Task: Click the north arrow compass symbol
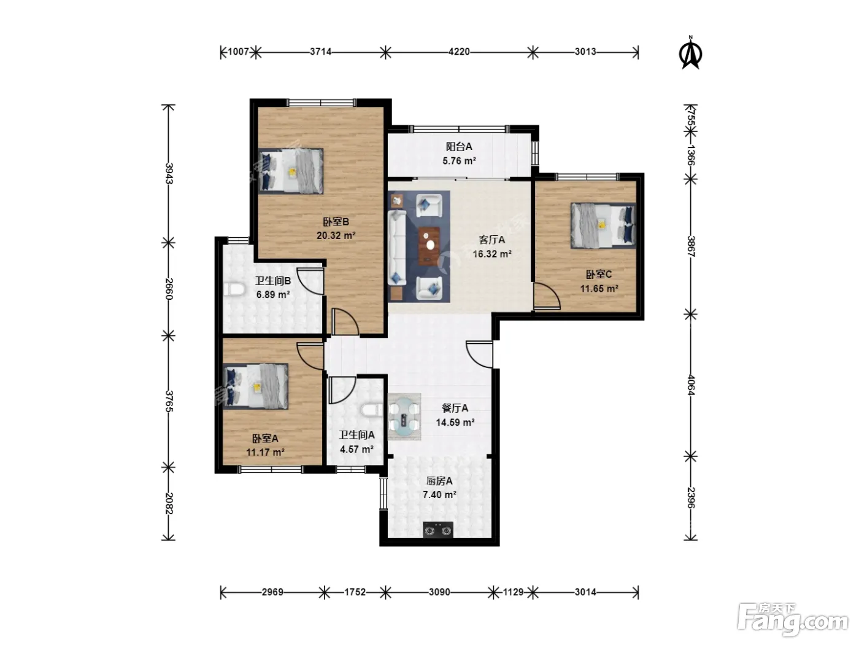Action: (691, 53)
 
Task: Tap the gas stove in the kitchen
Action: (438, 530)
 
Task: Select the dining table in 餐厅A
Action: (404, 416)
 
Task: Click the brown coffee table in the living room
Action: (429, 246)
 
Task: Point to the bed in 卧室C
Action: (603, 225)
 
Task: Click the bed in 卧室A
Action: (255, 386)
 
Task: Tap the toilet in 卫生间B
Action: (236, 290)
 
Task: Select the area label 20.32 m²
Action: (336, 236)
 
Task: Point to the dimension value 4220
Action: (459, 52)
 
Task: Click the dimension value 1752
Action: (355, 592)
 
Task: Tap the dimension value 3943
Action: (169, 173)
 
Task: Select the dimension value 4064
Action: (691, 385)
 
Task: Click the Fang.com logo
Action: (793, 622)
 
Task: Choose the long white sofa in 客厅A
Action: (397, 248)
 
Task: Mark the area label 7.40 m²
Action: (439, 495)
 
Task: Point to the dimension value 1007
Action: (238, 52)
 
